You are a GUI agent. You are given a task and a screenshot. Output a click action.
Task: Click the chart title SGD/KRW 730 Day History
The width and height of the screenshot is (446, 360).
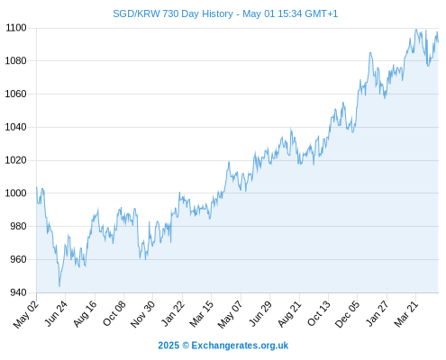point(173,13)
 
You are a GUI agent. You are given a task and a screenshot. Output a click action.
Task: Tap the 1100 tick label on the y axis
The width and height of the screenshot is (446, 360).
point(16,28)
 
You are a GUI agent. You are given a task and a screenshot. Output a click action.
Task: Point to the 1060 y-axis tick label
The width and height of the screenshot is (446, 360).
point(16,94)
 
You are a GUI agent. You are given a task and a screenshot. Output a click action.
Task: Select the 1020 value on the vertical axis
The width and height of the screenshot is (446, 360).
point(16,160)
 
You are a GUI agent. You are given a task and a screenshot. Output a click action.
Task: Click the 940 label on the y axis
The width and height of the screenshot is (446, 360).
point(18,292)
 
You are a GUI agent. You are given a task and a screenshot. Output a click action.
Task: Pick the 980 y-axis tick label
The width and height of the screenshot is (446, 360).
point(18,226)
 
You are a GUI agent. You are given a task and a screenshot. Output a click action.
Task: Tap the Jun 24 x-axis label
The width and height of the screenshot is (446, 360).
point(57,313)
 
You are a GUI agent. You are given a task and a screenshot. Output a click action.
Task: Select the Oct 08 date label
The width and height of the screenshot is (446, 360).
point(114,313)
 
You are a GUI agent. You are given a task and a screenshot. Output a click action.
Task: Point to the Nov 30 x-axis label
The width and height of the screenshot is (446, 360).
point(143,314)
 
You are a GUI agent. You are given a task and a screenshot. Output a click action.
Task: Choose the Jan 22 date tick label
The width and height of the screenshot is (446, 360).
point(173,313)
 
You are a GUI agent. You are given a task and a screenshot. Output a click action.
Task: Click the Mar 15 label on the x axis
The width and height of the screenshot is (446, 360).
point(202,313)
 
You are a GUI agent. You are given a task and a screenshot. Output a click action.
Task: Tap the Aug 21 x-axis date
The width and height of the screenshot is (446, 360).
point(289,313)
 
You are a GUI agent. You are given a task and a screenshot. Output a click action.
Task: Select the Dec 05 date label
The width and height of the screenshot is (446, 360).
point(347,314)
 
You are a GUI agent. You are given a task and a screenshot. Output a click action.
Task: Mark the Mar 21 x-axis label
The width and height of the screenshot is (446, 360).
point(406,313)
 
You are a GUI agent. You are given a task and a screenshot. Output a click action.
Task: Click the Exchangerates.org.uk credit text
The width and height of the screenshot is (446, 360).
point(240,346)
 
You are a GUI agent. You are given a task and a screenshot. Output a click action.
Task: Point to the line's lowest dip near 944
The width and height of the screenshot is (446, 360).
point(59,286)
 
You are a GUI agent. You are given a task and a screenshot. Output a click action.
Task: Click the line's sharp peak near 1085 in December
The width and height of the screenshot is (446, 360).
point(370,53)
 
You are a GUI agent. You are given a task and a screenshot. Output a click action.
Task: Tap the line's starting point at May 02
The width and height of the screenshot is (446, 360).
point(37,187)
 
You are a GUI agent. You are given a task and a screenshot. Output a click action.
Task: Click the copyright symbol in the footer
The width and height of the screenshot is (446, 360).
point(186,346)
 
